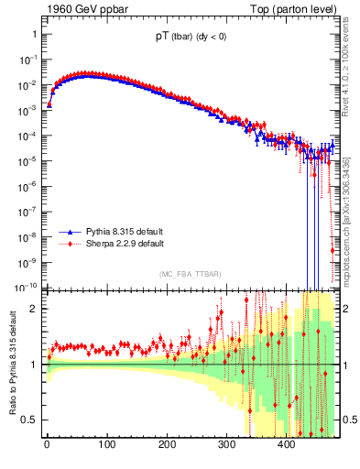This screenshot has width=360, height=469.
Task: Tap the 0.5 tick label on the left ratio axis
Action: [28, 420]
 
